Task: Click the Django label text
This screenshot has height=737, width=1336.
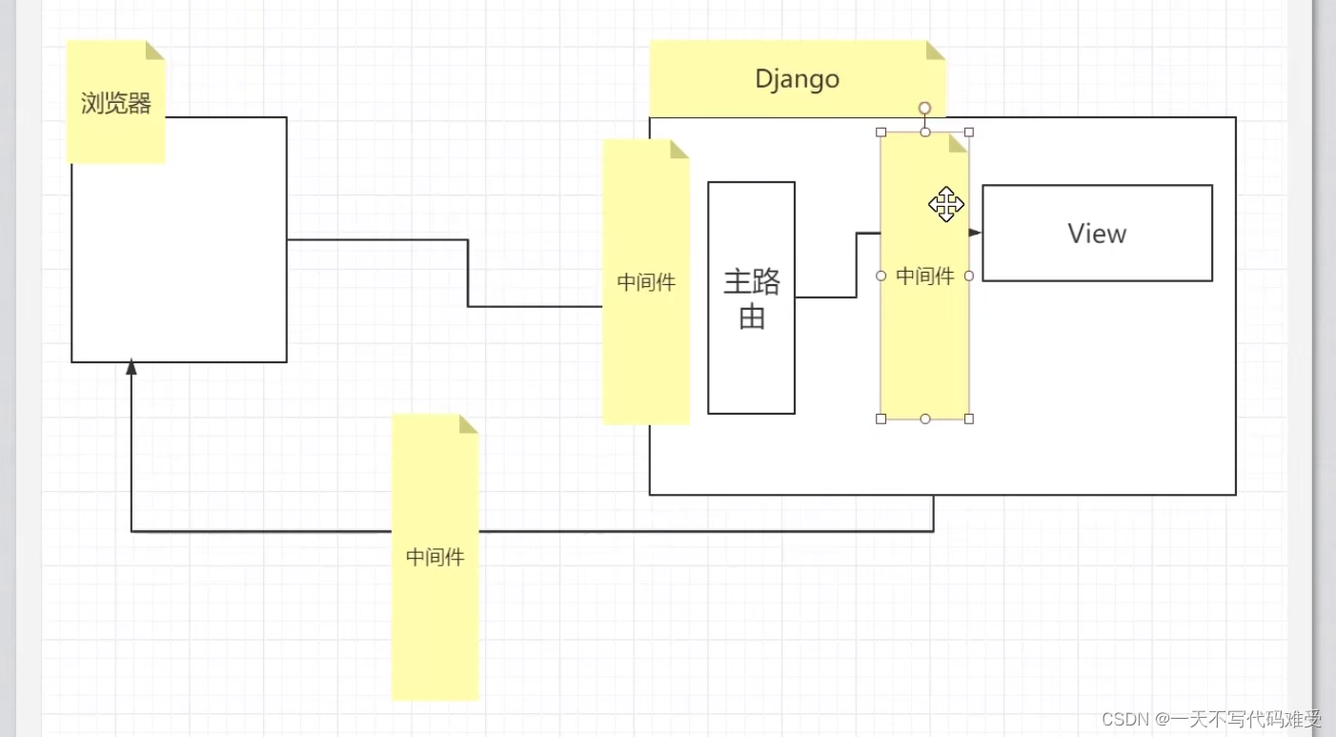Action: tap(797, 78)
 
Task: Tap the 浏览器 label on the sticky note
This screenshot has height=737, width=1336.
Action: tap(116, 104)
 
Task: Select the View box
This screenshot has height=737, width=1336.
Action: tap(1097, 234)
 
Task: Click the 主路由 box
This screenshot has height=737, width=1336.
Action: tap(751, 297)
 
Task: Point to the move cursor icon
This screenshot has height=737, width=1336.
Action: tap(945, 205)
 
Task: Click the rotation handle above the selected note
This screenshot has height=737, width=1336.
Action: tap(924, 109)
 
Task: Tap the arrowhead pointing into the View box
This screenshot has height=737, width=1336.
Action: tap(975, 233)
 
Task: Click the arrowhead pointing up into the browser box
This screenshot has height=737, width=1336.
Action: tap(132, 368)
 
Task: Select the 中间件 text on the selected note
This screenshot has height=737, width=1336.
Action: tap(924, 276)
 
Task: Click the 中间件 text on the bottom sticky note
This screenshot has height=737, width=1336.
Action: tap(435, 557)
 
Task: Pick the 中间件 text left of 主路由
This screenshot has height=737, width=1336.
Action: tap(646, 282)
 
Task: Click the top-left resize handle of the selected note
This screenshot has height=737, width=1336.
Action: tap(881, 133)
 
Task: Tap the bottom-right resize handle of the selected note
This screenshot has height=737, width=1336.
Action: tap(969, 419)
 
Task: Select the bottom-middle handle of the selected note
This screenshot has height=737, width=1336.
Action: tap(924, 419)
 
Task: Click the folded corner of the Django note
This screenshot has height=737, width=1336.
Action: tap(936, 51)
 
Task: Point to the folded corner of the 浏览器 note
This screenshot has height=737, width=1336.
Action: tap(155, 51)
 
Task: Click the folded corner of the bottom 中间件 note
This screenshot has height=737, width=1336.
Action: tap(468, 424)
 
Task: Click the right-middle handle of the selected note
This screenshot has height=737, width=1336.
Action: tap(969, 276)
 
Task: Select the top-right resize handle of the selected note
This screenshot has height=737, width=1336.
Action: tap(969, 133)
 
